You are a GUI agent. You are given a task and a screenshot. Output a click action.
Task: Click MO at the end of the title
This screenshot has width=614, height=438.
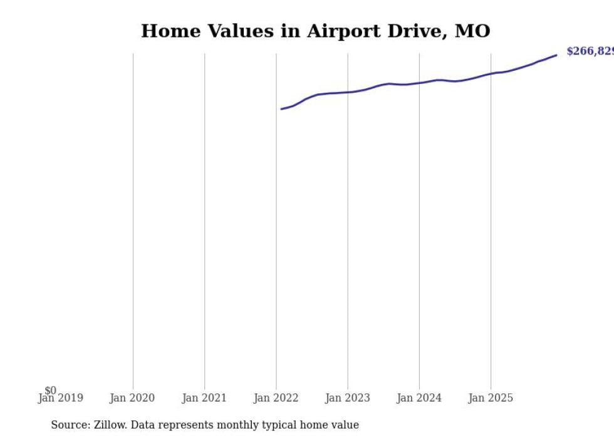(x=472, y=31)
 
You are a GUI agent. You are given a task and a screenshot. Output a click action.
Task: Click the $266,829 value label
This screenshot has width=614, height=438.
(x=590, y=51)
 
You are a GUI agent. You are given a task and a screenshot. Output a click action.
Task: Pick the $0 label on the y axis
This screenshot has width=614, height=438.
(x=50, y=390)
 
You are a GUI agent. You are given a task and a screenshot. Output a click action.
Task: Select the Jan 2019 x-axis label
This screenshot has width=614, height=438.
(x=60, y=398)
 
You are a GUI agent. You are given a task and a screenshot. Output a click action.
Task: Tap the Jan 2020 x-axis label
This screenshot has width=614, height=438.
(x=132, y=398)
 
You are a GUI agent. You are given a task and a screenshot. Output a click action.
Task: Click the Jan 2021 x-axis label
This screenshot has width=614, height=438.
(x=204, y=398)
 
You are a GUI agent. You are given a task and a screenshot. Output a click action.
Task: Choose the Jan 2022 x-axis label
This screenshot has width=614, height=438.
(x=276, y=398)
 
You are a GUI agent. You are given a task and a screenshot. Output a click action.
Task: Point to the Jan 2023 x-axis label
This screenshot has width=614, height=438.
(x=348, y=398)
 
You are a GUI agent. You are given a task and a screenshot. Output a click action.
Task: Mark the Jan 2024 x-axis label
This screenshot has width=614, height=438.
(x=419, y=398)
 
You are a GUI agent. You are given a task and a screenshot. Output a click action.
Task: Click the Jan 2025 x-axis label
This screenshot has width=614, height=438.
(x=491, y=398)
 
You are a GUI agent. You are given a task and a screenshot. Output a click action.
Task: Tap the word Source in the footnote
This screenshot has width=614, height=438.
(x=70, y=425)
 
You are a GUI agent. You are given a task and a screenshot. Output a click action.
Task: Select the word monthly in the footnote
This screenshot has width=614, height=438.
(x=238, y=425)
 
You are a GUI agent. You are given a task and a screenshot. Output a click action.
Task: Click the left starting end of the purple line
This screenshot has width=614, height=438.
(x=281, y=109)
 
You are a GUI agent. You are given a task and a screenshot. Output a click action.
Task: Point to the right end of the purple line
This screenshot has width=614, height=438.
(x=556, y=55)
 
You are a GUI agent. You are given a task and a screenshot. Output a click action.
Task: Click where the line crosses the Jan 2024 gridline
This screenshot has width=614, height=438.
(x=419, y=83)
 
